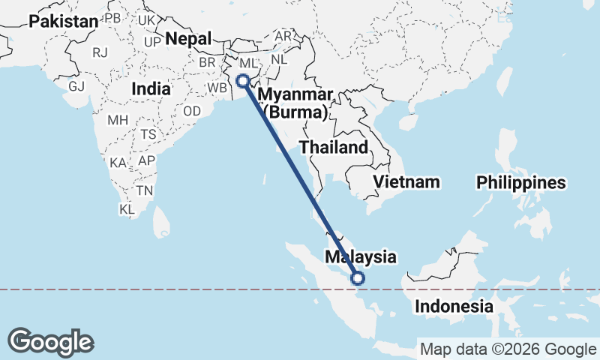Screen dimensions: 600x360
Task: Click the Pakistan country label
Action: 64,22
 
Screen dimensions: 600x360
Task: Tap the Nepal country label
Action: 187,39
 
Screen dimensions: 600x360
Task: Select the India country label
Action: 150,88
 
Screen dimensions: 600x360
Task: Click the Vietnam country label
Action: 406,182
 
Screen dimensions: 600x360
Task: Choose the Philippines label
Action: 520,182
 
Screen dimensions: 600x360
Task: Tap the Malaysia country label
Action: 360,256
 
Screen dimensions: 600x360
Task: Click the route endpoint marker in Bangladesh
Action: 242,82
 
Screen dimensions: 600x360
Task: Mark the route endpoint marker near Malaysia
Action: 358,278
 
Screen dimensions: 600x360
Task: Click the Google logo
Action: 50,341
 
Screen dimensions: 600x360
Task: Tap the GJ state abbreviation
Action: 76,85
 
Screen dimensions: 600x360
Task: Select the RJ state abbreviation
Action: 100,52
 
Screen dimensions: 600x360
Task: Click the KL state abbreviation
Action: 127,210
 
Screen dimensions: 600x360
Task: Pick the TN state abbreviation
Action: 145,190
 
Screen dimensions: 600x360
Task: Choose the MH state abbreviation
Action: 118,120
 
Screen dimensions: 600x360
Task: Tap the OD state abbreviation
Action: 193,111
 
